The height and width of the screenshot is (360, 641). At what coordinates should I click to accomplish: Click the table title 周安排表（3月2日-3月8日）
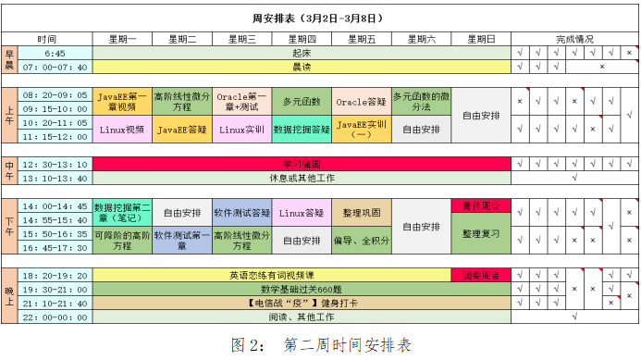317,19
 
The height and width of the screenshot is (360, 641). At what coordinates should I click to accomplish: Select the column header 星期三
242,39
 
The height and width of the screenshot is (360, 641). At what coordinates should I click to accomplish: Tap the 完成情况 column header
574,39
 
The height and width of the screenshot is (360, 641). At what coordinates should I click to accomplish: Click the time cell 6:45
55,53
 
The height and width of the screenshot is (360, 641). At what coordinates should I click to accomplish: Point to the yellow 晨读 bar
302,67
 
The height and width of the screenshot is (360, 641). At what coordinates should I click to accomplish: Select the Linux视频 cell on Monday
122,130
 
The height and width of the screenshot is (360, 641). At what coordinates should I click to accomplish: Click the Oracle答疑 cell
362,102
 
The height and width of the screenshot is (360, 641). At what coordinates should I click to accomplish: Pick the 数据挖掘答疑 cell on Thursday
302,130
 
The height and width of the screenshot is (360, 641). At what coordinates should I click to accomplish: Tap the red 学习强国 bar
302,164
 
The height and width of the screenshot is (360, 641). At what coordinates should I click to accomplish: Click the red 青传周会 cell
481,205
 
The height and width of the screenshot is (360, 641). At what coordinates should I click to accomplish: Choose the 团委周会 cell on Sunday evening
481,275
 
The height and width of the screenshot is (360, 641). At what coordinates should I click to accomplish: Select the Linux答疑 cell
302,213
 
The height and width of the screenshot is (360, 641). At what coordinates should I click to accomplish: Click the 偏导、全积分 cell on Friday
362,241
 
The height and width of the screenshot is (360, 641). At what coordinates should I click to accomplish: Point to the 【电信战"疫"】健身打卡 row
302,304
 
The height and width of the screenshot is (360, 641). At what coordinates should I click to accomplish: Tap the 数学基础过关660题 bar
302,290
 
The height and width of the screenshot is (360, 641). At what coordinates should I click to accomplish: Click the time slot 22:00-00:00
55,317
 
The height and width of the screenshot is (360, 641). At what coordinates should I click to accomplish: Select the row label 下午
9,227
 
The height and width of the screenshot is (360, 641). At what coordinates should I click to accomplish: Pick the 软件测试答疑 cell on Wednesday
242,213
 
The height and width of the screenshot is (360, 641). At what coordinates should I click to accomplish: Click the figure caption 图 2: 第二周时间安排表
321,345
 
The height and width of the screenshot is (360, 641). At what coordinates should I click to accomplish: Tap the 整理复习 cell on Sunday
481,233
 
